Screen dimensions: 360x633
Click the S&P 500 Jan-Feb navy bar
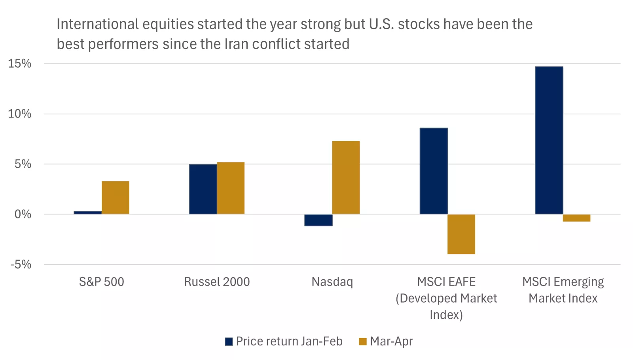[x=87, y=212]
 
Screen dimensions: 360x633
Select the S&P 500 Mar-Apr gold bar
[x=115, y=197]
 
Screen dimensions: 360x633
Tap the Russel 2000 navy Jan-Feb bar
[x=203, y=189]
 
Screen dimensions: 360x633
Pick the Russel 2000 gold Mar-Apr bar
[x=231, y=188]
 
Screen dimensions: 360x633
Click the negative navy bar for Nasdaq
[x=318, y=220]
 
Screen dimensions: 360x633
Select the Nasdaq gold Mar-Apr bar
[x=346, y=178]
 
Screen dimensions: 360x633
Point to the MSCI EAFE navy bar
[x=434, y=171]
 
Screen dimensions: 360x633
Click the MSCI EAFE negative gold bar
[x=461, y=234]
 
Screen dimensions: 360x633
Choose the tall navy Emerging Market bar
[x=549, y=140]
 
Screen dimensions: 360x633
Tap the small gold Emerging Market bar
[x=576, y=218]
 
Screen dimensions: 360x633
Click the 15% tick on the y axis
[x=20, y=64]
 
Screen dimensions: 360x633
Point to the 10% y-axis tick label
[x=20, y=114]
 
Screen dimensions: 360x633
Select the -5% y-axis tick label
[x=21, y=264]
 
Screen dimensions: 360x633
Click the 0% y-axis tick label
[x=23, y=214]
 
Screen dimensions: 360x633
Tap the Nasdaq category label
[x=332, y=282]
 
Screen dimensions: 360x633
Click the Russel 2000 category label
[x=217, y=282]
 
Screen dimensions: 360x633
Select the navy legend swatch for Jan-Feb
[x=229, y=341]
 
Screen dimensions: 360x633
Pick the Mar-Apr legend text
[x=391, y=341]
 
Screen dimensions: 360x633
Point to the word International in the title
[x=98, y=24]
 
